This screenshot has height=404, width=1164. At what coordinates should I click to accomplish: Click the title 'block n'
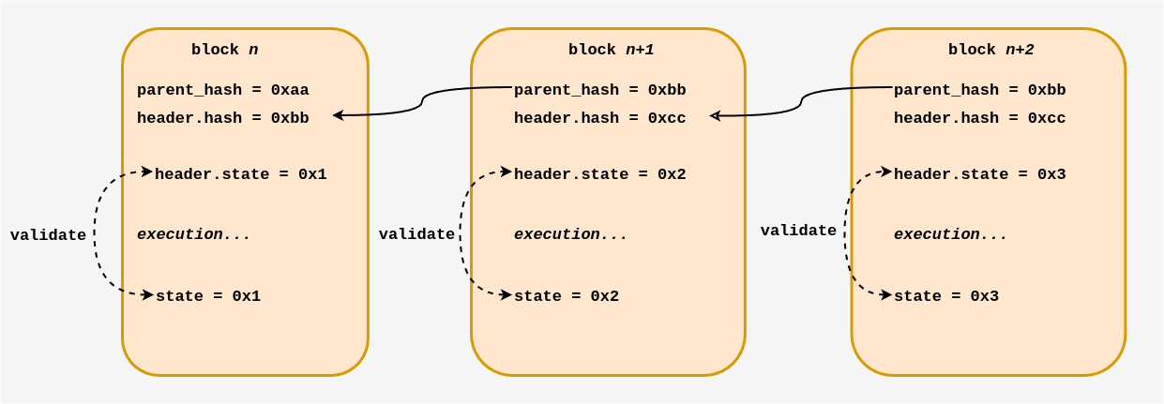pos(225,50)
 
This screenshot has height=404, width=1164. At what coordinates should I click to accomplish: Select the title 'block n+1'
pos(611,50)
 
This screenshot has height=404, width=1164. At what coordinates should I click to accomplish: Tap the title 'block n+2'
pos(990,50)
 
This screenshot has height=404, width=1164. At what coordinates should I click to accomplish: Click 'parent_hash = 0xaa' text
pos(222,90)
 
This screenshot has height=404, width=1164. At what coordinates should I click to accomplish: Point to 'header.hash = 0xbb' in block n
pos(222,118)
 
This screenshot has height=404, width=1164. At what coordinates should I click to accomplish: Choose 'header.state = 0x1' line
pos(240,174)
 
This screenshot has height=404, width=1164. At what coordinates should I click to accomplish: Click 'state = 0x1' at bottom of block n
pos(208,296)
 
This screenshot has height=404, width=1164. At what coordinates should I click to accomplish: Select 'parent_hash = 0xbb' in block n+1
pos(599,90)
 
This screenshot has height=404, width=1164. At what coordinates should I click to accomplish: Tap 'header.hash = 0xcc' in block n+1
pos(599,118)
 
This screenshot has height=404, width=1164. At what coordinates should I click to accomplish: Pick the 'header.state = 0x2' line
pos(599,174)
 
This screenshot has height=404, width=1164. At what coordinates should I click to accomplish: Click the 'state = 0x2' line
pos(567,296)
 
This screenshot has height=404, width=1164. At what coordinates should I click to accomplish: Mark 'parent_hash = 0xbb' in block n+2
pos(979,90)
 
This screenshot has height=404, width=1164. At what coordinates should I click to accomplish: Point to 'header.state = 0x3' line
pos(979,174)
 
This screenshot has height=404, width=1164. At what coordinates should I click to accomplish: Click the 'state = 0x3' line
pos(945,296)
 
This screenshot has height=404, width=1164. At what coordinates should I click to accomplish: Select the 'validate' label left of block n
pos(48,235)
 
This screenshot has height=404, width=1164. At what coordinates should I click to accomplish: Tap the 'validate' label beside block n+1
pos(416,234)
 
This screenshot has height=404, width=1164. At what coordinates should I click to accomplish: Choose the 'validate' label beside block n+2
pos(798,231)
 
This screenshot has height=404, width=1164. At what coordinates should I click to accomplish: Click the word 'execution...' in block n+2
pos(950,234)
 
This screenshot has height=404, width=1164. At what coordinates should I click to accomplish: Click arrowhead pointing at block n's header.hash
pos(338,115)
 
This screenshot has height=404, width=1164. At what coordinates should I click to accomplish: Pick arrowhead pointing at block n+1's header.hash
pos(715,116)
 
